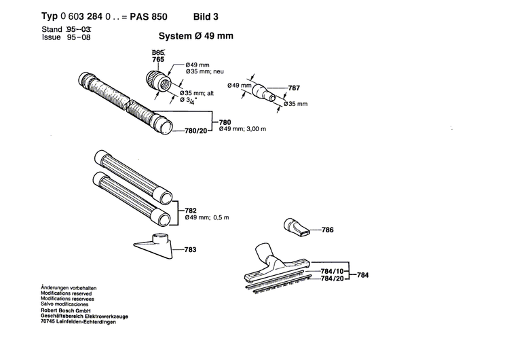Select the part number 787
pyautogui.click(x=294, y=88)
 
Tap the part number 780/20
pyautogui.click(x=194, y=130)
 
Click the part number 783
pyautogui.click(x=191, y=250)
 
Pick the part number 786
pyautogui.click(x=327, y=230)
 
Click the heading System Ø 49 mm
pyautogui.click(x=196, y=37)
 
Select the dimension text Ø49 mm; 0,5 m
pyautogui.click(x=208, y=218)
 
